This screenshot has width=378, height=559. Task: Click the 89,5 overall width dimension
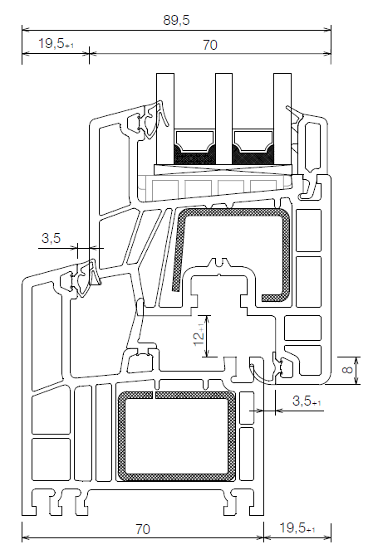tap(175, 12)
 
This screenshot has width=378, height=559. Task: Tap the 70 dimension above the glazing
tap(209, 44)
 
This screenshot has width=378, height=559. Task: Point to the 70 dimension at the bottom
tap(142, 527)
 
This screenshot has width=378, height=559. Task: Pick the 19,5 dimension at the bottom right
tap(297, 527)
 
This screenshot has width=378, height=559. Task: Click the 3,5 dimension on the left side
tap(52, 238)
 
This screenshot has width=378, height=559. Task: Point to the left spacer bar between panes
tap(194, 145)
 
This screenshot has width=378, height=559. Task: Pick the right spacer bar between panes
tap(253, 145)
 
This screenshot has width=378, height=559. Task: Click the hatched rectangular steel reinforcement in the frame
tap(176, 436)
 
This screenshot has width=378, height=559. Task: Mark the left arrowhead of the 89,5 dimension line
tap(24, 27)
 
